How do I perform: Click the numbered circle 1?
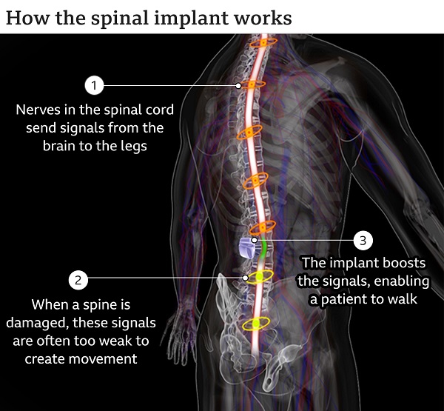[94, 85]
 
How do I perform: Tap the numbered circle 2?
[78, 280]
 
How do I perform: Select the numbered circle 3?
[363, 241]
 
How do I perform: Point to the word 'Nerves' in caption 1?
[38, 110]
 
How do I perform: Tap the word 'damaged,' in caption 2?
[38, 324]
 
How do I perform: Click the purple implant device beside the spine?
[247, 248]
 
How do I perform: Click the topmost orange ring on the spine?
[263, 43]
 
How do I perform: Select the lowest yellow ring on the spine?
[256, 324]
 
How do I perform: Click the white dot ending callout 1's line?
[238, 86]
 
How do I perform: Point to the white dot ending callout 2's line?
[246, 278]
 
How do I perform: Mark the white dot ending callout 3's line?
[255, 241]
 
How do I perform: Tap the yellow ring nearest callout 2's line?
[260, 277]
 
